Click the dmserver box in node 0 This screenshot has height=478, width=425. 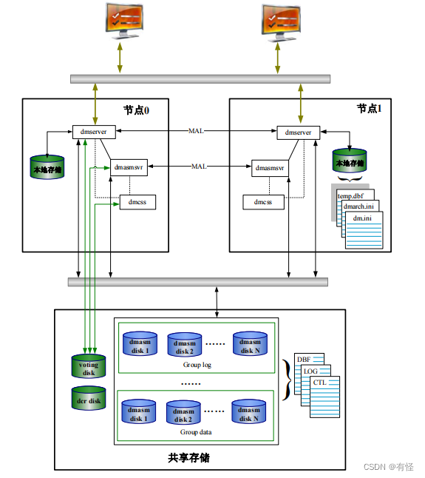pyautogui.click(x=94, y=132)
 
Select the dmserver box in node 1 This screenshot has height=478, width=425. pyautogui.click(x=299, y=132)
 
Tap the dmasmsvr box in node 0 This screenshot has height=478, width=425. pyautogui.click(x=129, y=167)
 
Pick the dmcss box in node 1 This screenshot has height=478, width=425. pyautogui.click(x=263, y=202)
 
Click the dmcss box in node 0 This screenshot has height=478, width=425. pyautogui.click(x=137, y=202)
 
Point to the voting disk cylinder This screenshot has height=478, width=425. pyautogui.click(x=89, y=366)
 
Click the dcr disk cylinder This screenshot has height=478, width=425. pyautogui.click(x=89, y=398)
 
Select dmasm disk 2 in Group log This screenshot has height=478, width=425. pyautogui.click(x=185, y=345)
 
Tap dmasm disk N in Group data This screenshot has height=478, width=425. pyautogui.click(x=249, y=411)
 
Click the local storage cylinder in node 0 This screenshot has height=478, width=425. pyautogui.click(x=47, y=167)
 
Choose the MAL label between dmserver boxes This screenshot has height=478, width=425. pyautogui.click(x=196, y=131)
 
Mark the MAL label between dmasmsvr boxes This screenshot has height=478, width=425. pyautogui.click(x=199, y=166)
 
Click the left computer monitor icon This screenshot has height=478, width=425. pyautogui.click(x=124, y=21)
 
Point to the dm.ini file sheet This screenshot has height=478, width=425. pyautogui.click(x=364, y=230)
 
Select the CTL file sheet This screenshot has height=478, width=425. pyautogui.click(x=324, y=397)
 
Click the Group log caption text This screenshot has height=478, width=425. pyautogui.click(x=197, y=365)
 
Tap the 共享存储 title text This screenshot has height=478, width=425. pyautogui.click(x=188, y=457)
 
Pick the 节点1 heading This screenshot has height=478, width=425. pyautogui.click(x=370, y=109)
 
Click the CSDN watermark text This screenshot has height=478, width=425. pyautogui.click(x=389, y=467)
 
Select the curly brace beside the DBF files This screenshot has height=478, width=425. pyautogui.click(x=287, y=380)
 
